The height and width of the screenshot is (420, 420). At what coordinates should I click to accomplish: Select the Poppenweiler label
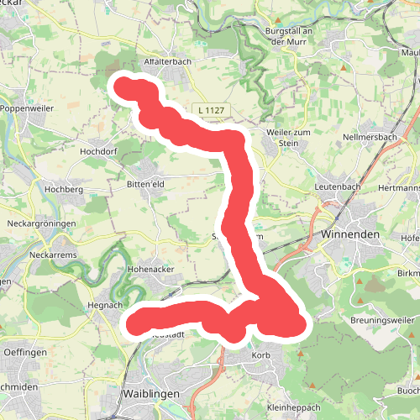(27, 108)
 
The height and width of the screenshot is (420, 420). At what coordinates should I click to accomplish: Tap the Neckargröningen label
(42, 224)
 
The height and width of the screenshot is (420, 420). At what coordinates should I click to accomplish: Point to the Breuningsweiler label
(382, 319)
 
